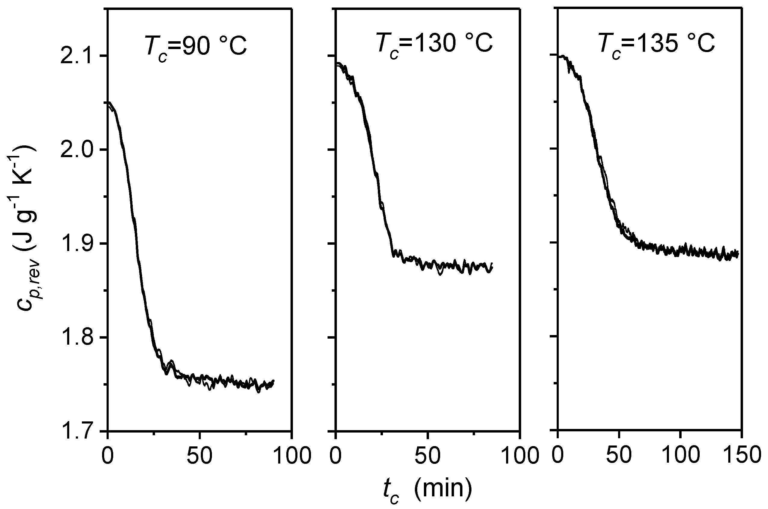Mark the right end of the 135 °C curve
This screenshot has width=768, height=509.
click(738, 253)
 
